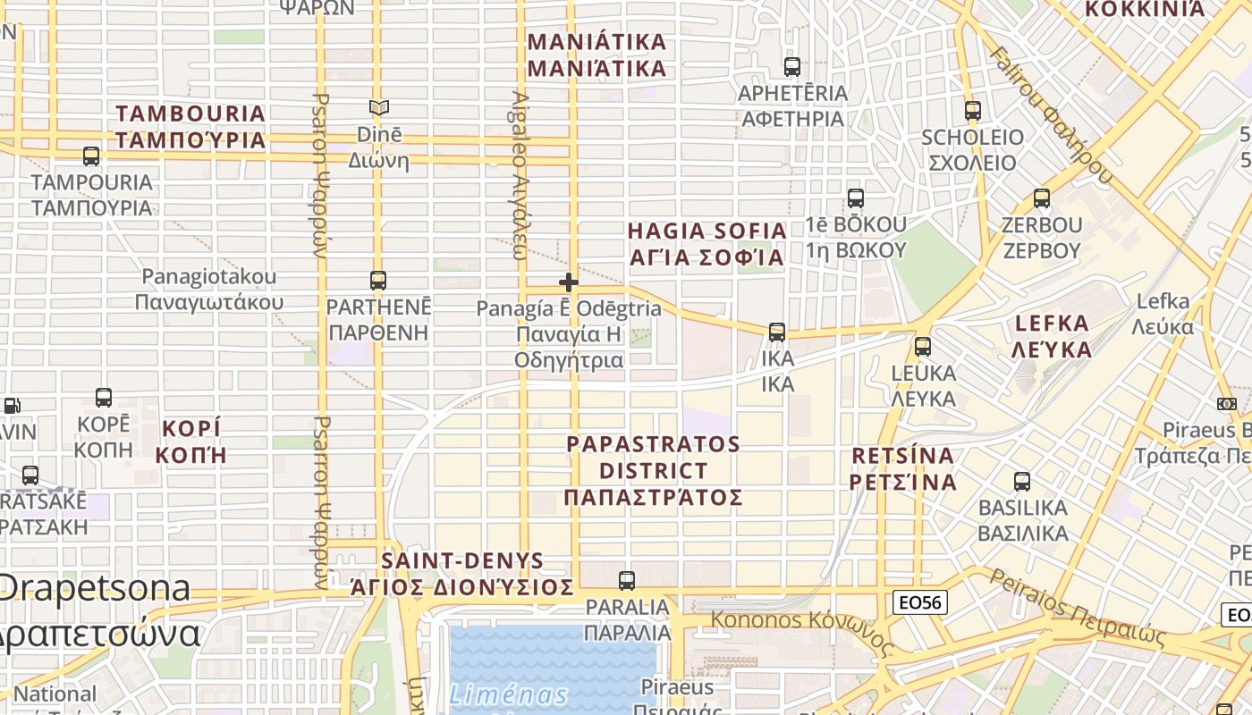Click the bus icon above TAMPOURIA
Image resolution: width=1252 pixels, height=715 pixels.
tap(91, 156)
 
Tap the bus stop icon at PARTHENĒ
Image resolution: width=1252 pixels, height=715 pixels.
tap(378, 281)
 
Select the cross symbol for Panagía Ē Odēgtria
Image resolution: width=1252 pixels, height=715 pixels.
tap(568, 282)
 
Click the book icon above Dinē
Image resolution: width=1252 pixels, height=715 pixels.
tap(379, 108)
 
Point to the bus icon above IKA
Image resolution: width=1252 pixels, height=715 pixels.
tap(777, 332)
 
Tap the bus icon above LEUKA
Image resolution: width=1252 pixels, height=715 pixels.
tap(923, 347)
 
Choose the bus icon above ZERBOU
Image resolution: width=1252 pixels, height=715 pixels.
tap(1042, 198)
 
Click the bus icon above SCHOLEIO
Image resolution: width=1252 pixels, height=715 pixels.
tap(973, 111)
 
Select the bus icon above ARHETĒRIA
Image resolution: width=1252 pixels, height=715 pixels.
tap(792, 66)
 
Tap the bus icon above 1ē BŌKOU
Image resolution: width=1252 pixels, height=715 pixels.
tap(856, 198)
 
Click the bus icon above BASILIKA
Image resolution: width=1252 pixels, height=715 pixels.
tap(1022, 482)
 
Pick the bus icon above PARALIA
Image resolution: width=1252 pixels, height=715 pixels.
tap(627, 580)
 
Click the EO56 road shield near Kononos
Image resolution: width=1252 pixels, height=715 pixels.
tap(919, 602)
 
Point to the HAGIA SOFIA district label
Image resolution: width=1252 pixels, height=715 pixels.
tap(706, 244)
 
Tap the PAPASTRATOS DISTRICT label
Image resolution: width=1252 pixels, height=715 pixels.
tap(654, 470)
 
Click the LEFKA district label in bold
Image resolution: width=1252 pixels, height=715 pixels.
tap(1052, 335)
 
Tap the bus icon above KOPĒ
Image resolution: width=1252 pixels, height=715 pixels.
tap(104, 398)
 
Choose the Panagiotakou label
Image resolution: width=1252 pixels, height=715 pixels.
tap(209, 289)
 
